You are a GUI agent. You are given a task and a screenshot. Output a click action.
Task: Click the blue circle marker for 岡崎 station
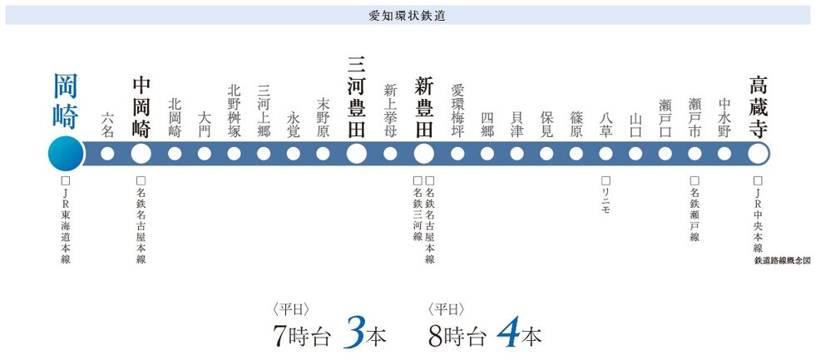click(x=66, y=153)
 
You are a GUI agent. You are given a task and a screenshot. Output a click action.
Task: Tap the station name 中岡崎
click(x=141, y=107)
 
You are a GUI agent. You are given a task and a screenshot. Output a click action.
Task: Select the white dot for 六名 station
click(x=107, y=153)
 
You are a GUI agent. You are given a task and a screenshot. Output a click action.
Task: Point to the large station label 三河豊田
click(x=356, y=96)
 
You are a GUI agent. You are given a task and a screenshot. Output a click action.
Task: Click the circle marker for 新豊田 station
click(x=423, y=153)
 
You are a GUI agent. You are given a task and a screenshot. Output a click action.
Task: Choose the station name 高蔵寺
click(x=758, y=106)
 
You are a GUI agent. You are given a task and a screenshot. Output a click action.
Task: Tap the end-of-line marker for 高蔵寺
click(x=758, y=153)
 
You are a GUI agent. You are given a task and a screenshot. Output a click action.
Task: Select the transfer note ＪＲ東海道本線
click(x=66, y=220)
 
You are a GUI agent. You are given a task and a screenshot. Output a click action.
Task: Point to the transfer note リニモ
click(x=605, y=195)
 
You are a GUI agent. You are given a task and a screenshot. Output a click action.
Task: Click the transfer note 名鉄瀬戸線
click(x=694, y=209)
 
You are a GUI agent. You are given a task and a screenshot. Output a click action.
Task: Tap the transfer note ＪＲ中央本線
click(x=758, y=215)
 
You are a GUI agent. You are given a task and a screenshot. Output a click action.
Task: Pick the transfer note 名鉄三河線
click(x=417, y=209)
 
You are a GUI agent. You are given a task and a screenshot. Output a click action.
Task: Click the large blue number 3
click(x=353, y=333)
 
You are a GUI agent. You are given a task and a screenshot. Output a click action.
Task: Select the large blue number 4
click(x=508, y=333)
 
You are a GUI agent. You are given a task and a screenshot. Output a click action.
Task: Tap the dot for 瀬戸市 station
click(x=694, y=153)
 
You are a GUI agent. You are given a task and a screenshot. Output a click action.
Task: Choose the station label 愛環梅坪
click(x=457, y=110)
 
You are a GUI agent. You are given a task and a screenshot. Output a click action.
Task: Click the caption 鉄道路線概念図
click(x=781, y=261)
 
